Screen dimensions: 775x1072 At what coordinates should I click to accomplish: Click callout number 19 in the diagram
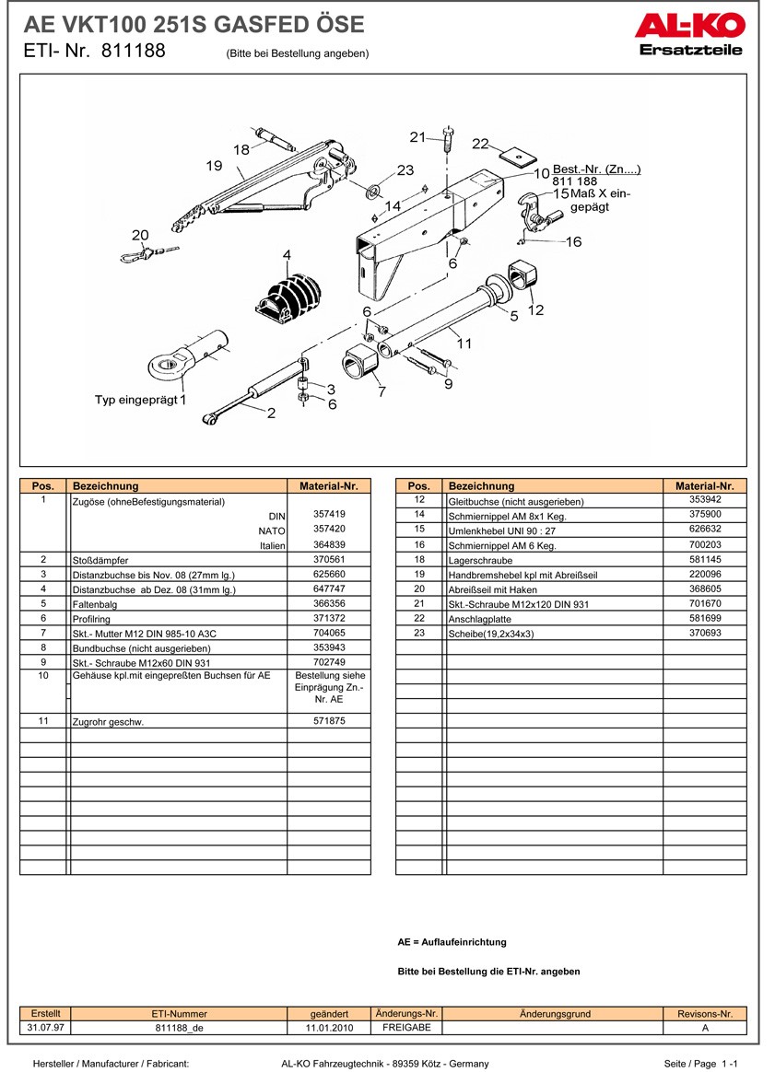point(214,166)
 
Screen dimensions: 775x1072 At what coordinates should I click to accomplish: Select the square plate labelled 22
point(516,157)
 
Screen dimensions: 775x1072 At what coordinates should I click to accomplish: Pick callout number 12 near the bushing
point(535,309)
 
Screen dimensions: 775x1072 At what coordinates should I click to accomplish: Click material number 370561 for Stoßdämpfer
point(329,559)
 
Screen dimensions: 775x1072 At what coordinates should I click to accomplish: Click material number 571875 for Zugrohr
point(329,720)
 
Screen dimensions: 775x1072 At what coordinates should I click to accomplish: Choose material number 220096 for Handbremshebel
point(705,575)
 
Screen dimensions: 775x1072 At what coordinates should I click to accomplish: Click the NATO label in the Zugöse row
point(272,530)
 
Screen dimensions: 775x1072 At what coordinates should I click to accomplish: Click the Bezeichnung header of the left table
point(105,486)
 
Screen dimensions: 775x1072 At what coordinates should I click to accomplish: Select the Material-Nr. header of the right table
point(705,486)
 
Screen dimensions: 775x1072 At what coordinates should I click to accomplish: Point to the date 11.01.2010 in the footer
point(329,1028)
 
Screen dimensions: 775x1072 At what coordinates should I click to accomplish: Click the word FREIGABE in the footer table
point(407,1028)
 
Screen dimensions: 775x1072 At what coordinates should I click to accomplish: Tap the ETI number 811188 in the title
point(134,51)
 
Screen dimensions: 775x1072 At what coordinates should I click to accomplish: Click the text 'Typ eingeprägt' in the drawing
point(136,400)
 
